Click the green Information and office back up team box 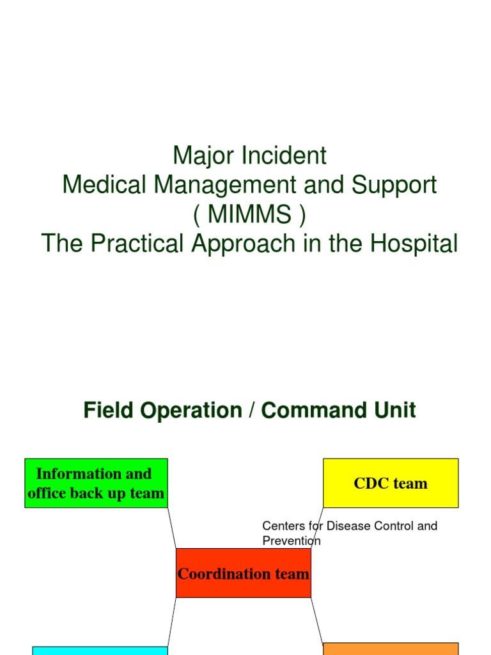pyautogui.click(x=96, y=483)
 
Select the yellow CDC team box pyautogui.click(x=391, y=483)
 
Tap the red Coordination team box pyautogui.click(x=243, y=573)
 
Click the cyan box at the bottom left pyautogui.click(x=100, y=651)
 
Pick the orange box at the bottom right pyautogui.click(x=391, y=649)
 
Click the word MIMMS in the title pyautogui.click(x=250, y=215)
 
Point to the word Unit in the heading pyautogui.click(x=392, y=410)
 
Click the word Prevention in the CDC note pyautogui.click(x=292, y=541)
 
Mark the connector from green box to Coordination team pyautogui.click(x=171, y=528)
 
